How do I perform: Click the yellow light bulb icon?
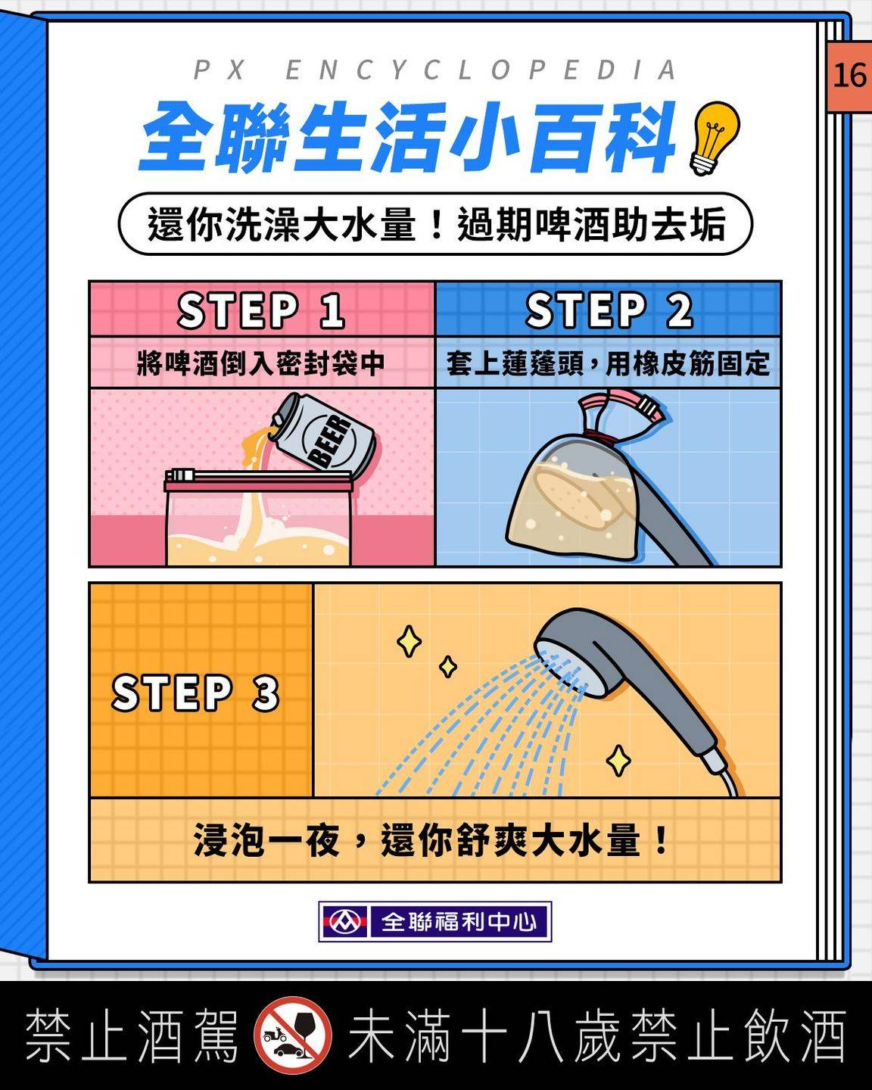click(x=715, y=138)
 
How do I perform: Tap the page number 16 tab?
click(x=849, y=76)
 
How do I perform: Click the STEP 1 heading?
click(x=261, y=310)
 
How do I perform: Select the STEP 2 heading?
click(x=609, y=310)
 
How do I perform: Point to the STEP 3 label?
click(x=195, y=693)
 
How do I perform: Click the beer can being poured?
click(x=324, y=432)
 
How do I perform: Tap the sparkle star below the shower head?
click(x=618, y=760)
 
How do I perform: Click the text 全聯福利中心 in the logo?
click(x=459, y=921)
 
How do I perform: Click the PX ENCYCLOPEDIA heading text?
click(x=434, y=70)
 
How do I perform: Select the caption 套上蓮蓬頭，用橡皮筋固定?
click(x=608, y=363)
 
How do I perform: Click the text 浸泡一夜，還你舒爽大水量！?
click(x=431, y=839)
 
